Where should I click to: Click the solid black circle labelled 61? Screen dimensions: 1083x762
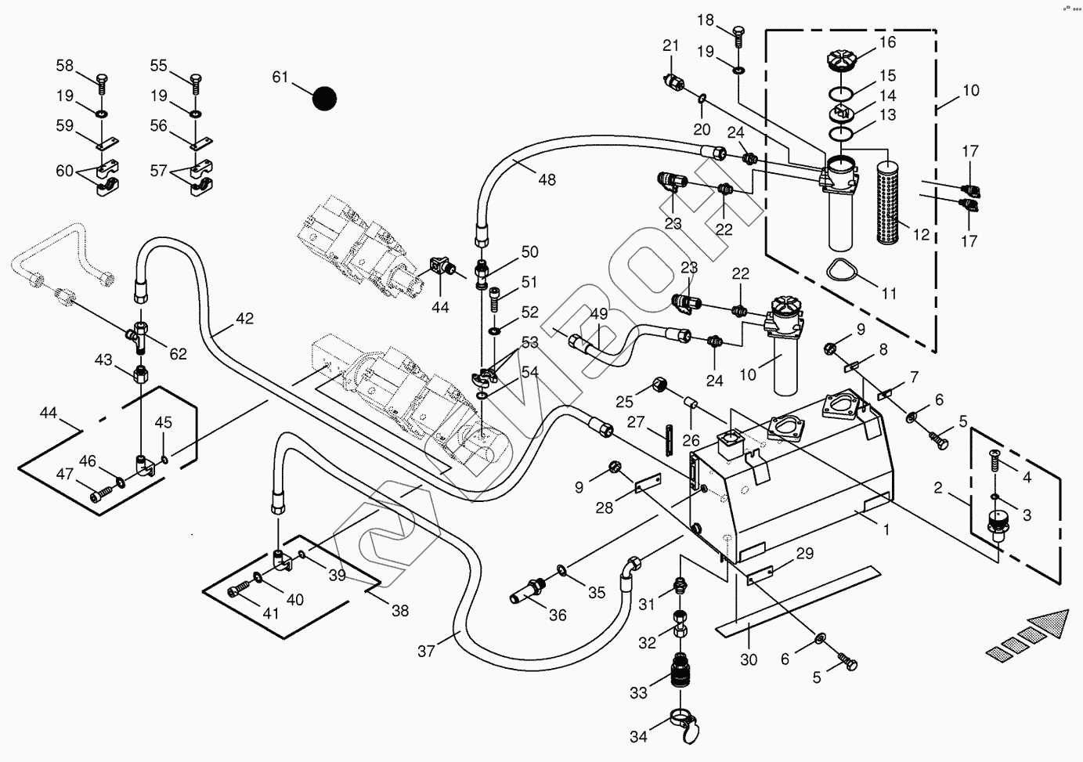click(x=324, y=99)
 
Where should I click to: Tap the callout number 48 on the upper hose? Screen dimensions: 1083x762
click(x=547, y=180)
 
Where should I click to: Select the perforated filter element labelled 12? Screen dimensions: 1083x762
click(x=890, y=201)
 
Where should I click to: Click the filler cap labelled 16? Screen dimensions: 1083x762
click(x=843, y=61)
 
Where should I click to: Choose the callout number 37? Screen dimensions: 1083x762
click(x=426, y=652)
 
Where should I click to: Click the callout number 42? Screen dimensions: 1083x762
click(x=244, y=319)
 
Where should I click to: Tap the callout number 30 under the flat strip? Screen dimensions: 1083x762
click(x=749, y=659)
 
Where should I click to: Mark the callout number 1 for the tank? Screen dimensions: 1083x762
click(x=886, y=530)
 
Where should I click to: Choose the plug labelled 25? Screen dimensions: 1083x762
click(x=659, y=385)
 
